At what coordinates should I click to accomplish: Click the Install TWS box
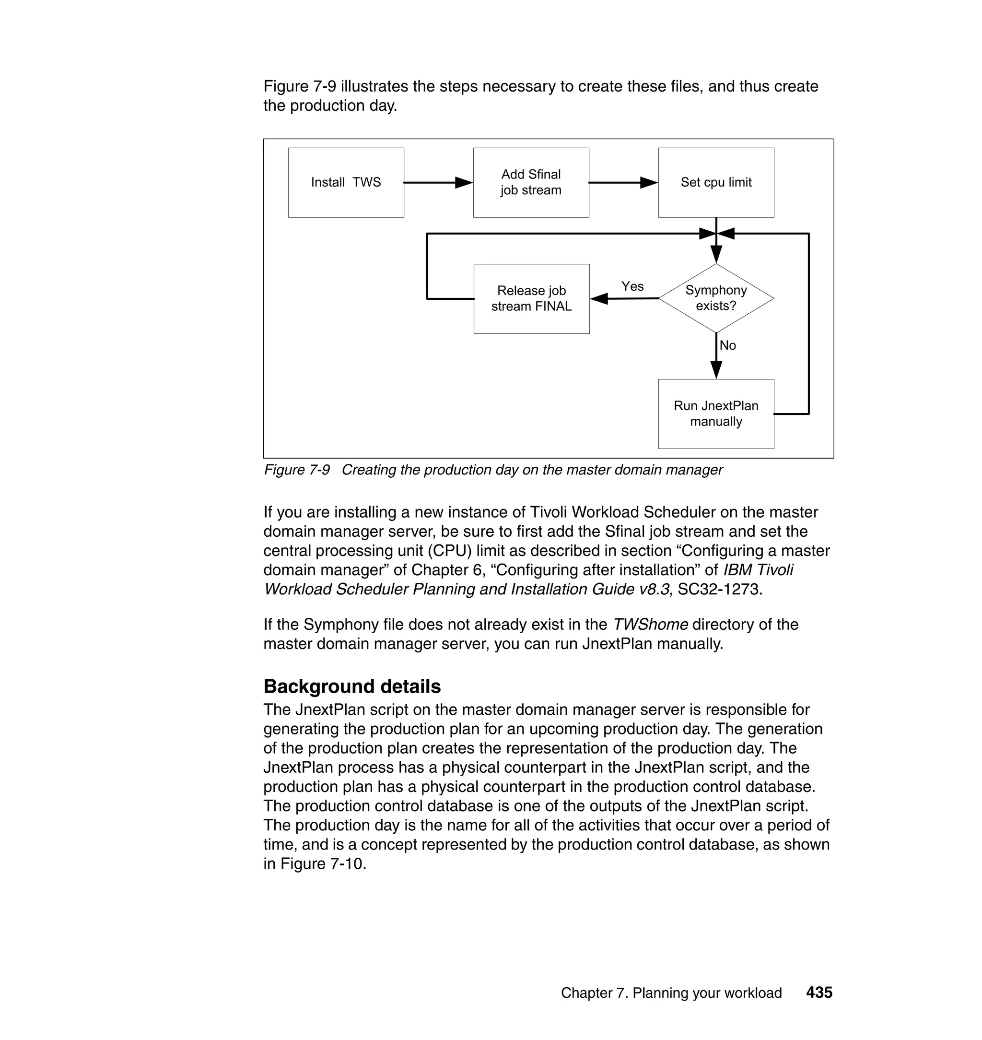coord(346,182)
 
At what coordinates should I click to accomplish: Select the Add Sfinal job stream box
coord(531,182)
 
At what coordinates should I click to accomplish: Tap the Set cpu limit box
coord(715,182)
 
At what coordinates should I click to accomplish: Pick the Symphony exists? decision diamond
coord(715,298)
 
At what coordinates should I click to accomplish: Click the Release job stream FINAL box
coord(531,298)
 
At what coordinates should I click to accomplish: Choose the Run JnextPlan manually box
coord(715,414)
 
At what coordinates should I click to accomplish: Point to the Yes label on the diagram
coord(632,286)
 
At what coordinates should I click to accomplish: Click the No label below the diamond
coord(727,345)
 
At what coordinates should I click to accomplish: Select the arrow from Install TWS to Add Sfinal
coord(438,183)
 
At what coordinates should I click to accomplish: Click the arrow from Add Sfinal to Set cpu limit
coord(623,183)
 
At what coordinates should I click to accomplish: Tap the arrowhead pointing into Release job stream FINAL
coord(599,298)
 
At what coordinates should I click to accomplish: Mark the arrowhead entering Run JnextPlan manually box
coord(716,370)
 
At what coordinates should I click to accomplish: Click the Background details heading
coord(352,686)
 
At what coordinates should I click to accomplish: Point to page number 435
coord(819,993)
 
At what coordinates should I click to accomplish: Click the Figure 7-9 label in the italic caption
coord(297,470)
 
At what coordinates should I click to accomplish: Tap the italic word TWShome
coord(650,624)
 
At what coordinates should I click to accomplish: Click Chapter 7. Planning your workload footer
coord(671,993)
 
